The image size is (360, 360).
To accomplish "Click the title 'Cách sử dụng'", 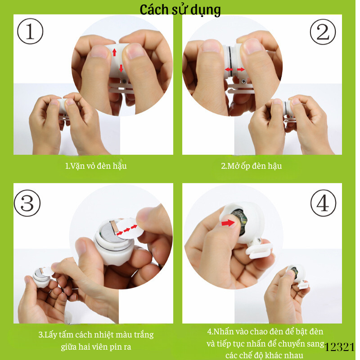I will pos(180,9).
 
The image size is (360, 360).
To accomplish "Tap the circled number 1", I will pos(30,32).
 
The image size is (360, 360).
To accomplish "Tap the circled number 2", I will pos(323,32).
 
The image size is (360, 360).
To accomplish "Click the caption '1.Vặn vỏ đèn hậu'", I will pos(96,166).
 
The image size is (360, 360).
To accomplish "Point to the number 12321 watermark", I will pos(339,347).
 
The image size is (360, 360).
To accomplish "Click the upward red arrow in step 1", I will pos(114,52).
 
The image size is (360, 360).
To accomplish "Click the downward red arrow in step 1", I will pos(121,68).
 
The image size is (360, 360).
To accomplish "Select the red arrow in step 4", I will pos(228,222).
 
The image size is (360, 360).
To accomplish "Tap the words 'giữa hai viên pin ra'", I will pos(96,347).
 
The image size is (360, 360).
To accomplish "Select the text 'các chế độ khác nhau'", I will pos(264,355).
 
